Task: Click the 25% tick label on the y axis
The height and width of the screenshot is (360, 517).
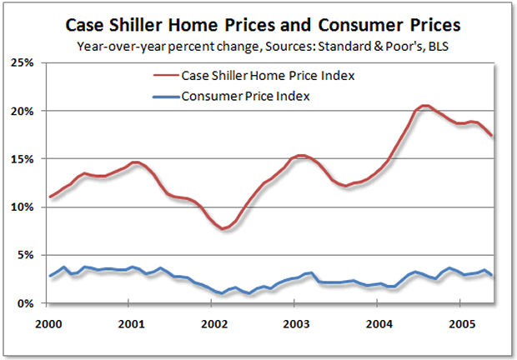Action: click(x=23, y=62)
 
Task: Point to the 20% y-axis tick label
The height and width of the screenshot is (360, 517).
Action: click(x=23, y=111)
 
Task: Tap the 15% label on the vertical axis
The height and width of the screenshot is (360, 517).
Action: click(x=23, y=159)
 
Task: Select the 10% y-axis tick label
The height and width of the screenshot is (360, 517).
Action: click(x=23, y=207)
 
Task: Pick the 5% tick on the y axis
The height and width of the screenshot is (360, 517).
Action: click(x=25, y=255)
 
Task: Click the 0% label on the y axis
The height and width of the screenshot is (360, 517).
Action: click(x=25, y=303)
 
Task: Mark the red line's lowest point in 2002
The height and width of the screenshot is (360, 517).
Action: click(x=224, y=228)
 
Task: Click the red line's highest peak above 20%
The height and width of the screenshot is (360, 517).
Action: click(x=425, y=106)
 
